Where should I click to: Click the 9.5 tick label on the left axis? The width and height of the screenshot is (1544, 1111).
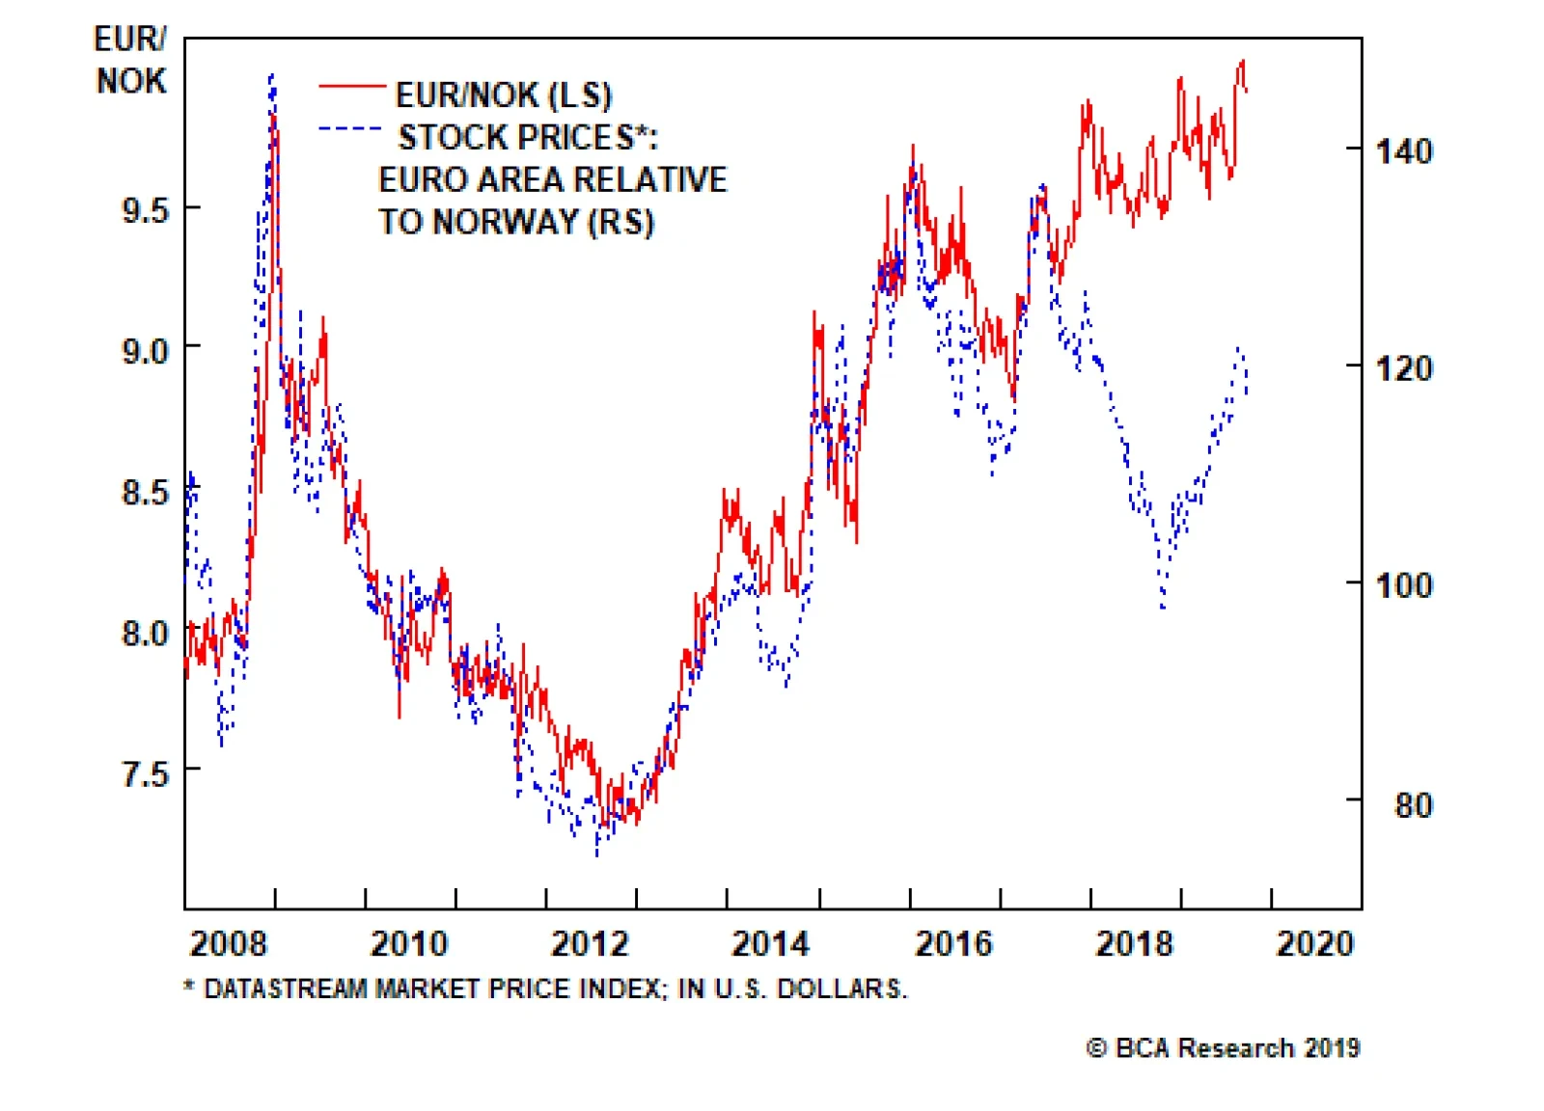[145, 209]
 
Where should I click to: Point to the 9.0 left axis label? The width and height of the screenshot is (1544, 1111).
[145, 349]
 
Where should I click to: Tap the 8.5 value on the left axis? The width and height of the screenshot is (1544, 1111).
[145, 492]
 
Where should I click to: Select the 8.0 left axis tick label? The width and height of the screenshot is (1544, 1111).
[145, 633]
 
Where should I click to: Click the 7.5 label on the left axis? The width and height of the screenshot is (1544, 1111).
[145, 772]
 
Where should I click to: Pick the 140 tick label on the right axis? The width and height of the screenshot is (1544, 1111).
[1403, 151]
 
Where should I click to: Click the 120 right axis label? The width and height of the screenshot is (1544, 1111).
[1403, 367]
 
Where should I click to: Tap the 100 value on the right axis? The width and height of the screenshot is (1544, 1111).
[1403, 584]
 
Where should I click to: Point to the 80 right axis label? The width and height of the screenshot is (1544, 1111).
[1413, 804]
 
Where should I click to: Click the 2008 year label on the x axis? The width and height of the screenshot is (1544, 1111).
[228, 942]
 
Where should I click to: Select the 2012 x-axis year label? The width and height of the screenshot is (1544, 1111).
[590, 942]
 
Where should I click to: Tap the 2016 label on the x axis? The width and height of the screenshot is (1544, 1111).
[952, 942]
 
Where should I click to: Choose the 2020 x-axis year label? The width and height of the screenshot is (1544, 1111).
[1314, 942]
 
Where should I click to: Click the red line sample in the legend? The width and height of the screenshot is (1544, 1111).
[352, 87]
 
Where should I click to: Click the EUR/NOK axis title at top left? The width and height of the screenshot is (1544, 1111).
[130, 60]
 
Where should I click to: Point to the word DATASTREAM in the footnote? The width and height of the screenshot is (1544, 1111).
[286, 989]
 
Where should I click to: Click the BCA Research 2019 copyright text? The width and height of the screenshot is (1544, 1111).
[1223, 1047]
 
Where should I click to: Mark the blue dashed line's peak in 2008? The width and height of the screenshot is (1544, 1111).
[271, 76]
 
